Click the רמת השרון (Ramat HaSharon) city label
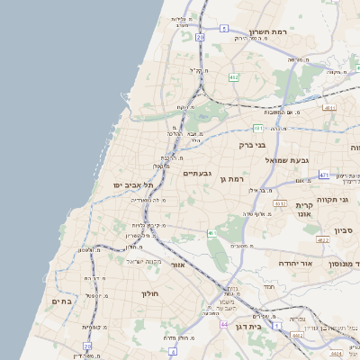click(267, 31)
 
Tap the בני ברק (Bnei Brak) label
click(253, 144)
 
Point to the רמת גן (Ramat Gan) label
click(231, 180)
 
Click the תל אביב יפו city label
click(133, 184)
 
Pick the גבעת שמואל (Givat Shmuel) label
click(287, 159)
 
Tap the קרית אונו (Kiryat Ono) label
click(303, 210)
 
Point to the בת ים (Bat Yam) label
click(61, 301)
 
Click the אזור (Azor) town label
click(177, 265)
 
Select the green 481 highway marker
click(257, 128)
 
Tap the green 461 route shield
click(212, 234)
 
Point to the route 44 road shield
click(223, 324)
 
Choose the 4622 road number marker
click(322, 240)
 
